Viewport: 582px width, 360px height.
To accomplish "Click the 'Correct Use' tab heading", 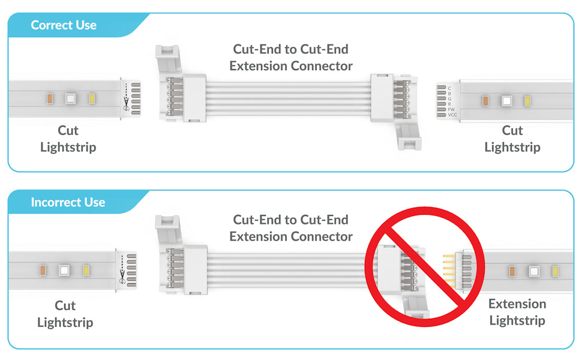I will pyautogui.click(x=64, y=25).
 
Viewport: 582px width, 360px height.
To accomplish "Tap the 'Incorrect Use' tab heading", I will pyautogui.click(x=68, y=202).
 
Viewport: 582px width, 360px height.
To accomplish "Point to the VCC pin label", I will pyautogui.click(x=453, y=115).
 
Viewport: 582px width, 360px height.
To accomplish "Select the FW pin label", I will pyautogui.click(x=451, y=109).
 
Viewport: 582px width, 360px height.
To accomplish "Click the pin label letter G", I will pyautogui.click(x=449, y=99).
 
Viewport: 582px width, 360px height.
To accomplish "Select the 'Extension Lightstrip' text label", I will pyautogui.click(x=517, y=312).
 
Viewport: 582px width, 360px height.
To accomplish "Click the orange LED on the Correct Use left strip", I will pyautogui.click(x=50, y=98).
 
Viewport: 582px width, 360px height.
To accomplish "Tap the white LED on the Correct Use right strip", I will pyautogui.click(x=506, y=101).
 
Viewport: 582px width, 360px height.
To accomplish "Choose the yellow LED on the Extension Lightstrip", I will pyautogui.click(x=552, y=272).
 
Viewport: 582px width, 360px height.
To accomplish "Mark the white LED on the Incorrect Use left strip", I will pyautogui.click(x=63, y=270).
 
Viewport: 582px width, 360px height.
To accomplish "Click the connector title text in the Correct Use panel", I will pyautogui.click(x=291, y=57).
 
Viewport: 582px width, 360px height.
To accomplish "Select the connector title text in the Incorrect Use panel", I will pyautogui.click(x=291, y=228).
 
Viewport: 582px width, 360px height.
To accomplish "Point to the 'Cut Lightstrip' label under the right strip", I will pyautogui.click(x=512, y=139).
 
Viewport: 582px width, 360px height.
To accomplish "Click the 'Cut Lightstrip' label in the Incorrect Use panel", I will pyautogui.click(x=65, y=314).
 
